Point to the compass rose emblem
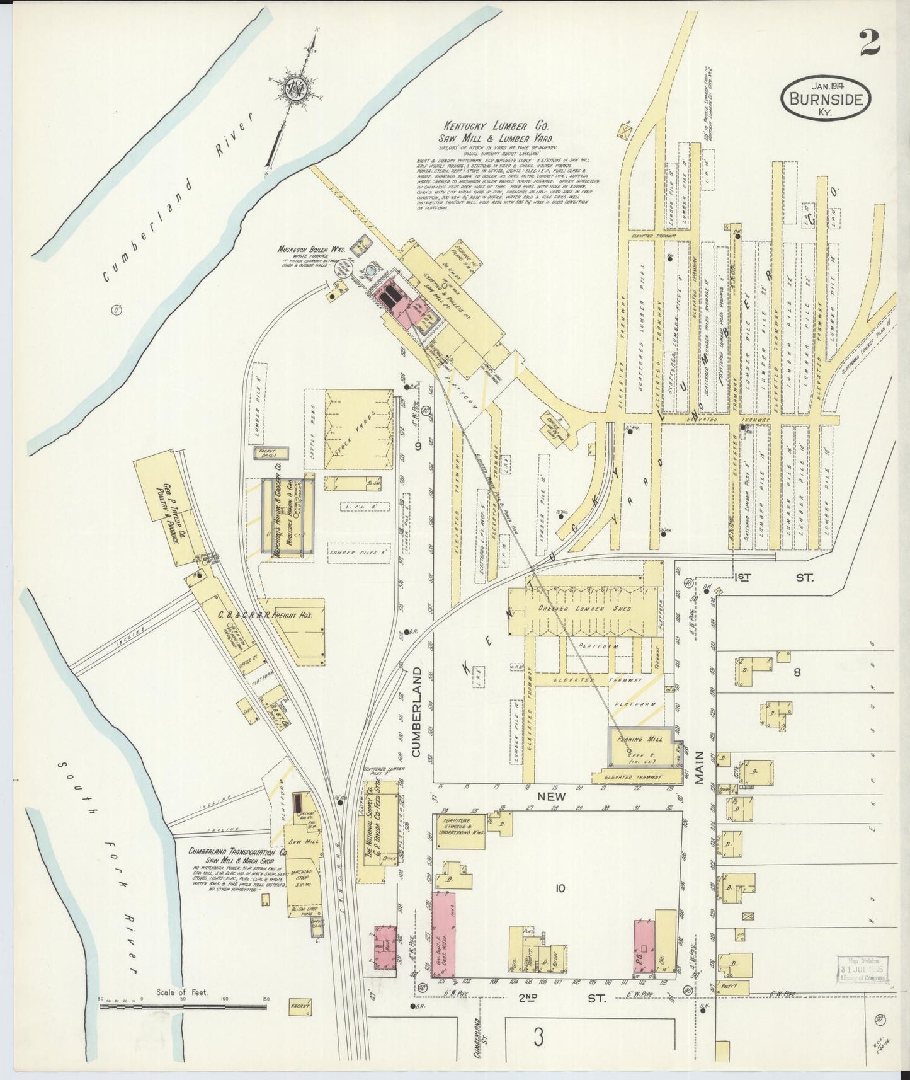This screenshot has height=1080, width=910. [293, 88]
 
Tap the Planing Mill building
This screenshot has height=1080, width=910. [639, 747]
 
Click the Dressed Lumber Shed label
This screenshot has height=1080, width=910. [583, 609]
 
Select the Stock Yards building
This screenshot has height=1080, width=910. [358, 428]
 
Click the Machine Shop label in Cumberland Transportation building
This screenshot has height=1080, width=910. [302, 876]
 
